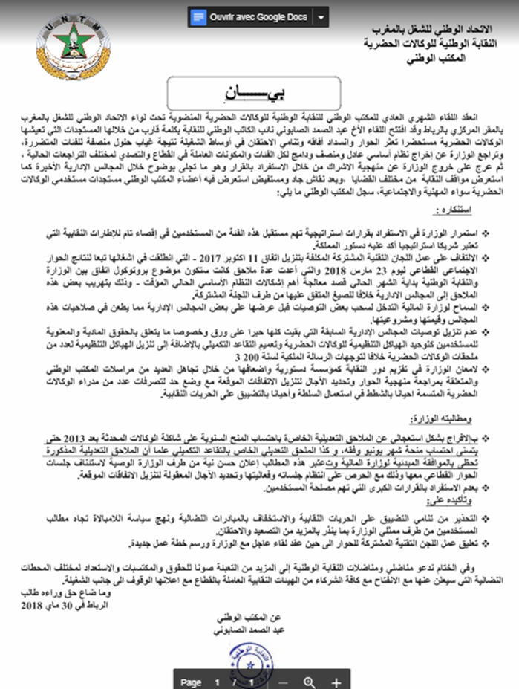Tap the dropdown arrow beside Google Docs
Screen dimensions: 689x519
point(320,16)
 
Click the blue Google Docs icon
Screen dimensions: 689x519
point(198,16)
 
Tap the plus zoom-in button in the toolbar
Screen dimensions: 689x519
point(336,681)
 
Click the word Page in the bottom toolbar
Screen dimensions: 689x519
point(191,682)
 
